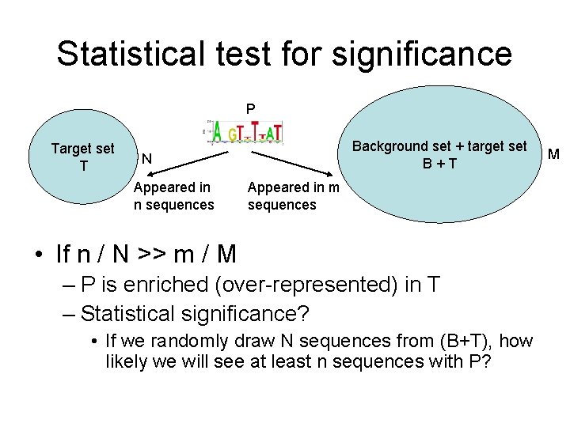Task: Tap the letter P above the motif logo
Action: click(x=250, y=108)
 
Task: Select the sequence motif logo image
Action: click(x=246, y=132)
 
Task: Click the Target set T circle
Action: click(x=82, y=157)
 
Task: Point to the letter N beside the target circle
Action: click(x=146, y=160)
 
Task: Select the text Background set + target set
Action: click(x=439, y=146)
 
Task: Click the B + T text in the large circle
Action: click(x=439, y=164)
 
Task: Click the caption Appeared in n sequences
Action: click(x=173, y=196)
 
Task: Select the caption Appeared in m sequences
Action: click(x=293, y=196)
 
